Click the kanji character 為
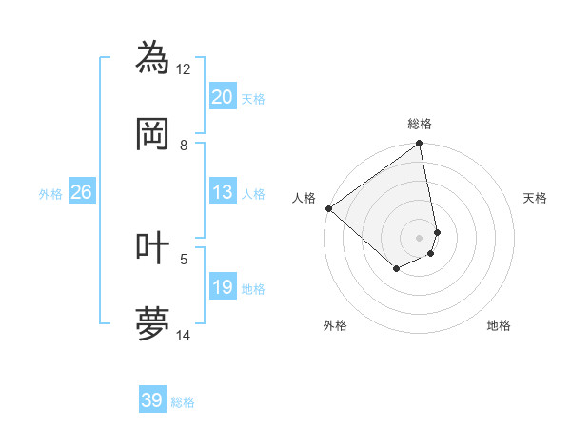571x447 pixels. [153, 58]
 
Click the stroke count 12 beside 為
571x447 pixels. [184, 68]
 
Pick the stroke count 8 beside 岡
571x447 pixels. [184, 145]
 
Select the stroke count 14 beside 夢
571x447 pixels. [184, 335]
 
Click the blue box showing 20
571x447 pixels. [222, 97]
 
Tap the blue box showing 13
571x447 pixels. [222, 193]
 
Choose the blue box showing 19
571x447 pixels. [222, 287]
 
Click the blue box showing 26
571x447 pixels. [81, 193]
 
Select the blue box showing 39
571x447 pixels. [151, 400]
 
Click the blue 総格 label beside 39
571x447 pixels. [183, 402]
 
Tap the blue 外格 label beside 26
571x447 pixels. [50, 194]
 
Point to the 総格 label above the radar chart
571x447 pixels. [420, 124]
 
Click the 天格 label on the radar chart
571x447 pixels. [536, 198]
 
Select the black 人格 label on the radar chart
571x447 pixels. [304, 198]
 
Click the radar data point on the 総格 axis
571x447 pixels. [419, 145]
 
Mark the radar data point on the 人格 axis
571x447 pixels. [328, 208]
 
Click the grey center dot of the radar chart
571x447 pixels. [419, 237]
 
